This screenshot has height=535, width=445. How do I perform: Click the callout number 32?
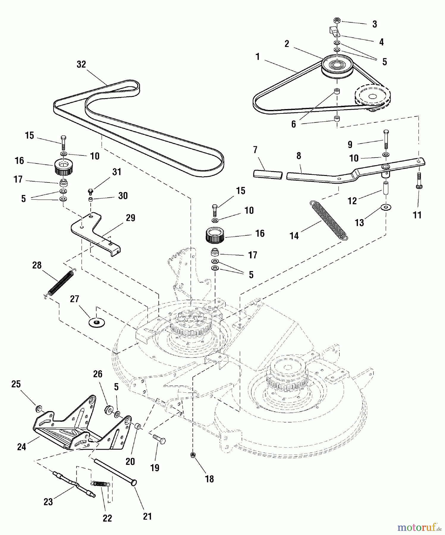(81, 64)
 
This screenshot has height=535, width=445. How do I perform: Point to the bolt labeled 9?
(386, 139)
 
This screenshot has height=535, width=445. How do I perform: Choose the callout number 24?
(21, 446)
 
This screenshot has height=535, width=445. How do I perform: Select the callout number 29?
(130, 218)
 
